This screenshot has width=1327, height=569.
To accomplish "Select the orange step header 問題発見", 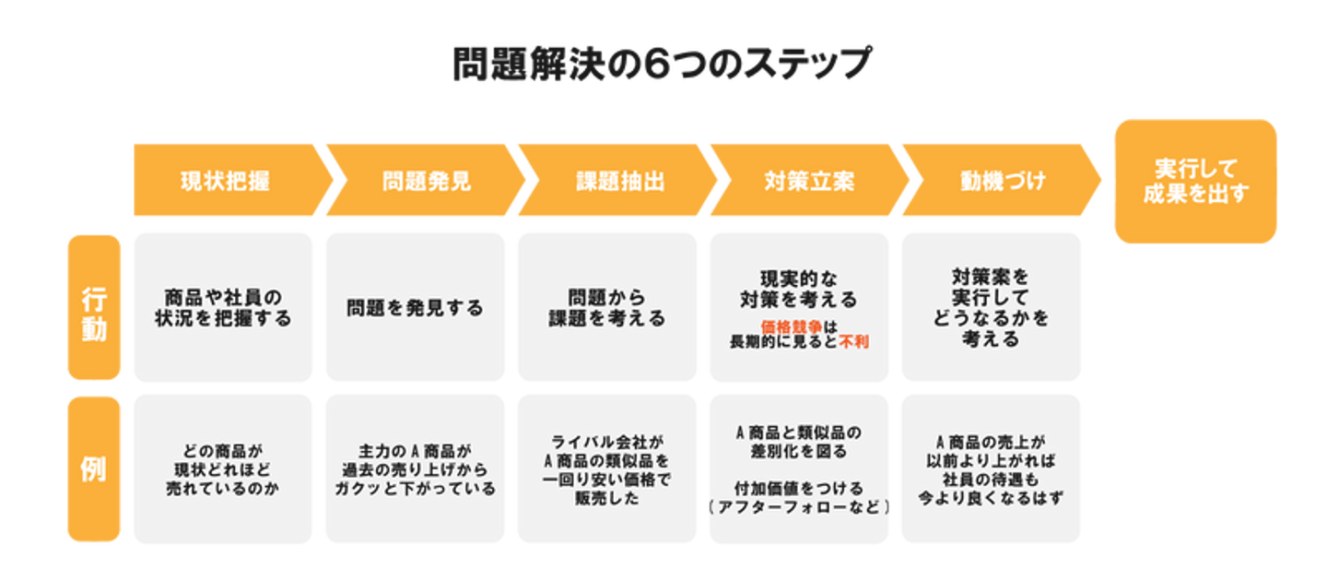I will coord(426,181).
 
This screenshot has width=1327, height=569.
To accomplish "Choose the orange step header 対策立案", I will coord(809,181).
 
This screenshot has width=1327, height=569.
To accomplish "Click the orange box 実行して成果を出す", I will coord(1194,182).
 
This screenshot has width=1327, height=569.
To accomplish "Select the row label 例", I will coord(94,469).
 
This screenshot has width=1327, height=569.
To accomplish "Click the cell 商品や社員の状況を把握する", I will coord(223,308).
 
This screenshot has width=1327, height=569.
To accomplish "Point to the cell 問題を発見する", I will coord(415,308).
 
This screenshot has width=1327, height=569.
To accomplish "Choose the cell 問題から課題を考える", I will coord(606,308).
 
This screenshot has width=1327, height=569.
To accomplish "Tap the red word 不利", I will coord(853,341).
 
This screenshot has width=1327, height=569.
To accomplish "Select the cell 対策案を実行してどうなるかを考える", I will coord(991,308).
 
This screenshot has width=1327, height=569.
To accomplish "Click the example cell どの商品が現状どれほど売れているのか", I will coord(223,469).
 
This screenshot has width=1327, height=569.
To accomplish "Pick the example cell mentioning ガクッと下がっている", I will coord(415,469).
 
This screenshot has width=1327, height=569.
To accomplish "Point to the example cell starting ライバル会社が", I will coord(606,469).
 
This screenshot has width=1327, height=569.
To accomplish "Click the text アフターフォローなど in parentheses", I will coord(798,506).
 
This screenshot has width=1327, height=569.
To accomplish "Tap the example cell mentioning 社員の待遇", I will coord(991,469).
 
